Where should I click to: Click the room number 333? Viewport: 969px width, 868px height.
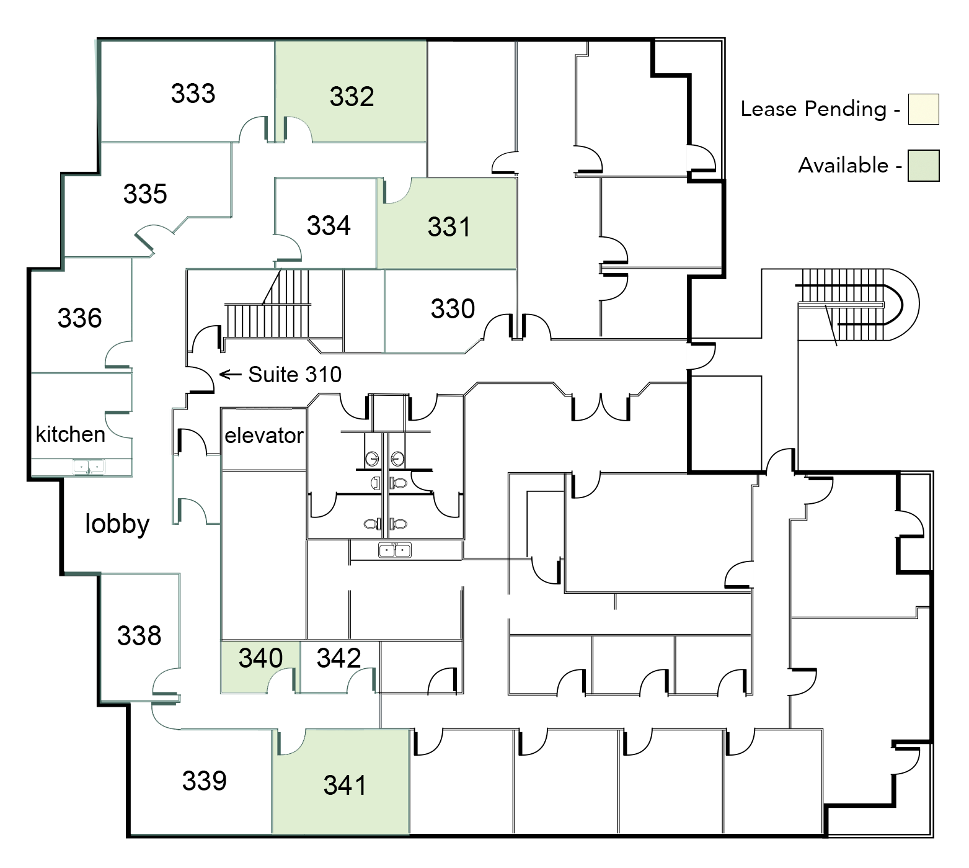(x=193, y=94)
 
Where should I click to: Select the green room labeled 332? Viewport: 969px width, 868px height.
(x=352, y=97)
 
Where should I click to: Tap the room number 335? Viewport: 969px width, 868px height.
(x=145, y=194)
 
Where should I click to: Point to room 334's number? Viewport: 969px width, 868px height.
(x=329, y=225)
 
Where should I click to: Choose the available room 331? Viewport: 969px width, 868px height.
(x=449, y=227)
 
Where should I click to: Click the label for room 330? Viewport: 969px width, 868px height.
(x=453, y=309)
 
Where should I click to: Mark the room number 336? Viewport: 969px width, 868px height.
(x=79, y=318)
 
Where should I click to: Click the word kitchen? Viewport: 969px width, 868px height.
(x=71, y=434)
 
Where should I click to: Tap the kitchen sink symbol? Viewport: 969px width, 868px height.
(x=89, y=467)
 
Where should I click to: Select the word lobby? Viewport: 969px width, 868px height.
(x=117, y=524)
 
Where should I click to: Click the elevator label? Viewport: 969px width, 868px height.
(x=264, y=436)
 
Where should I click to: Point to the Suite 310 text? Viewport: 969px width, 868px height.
(x=294, y=375)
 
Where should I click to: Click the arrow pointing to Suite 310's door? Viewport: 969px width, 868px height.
(x=230, y=374)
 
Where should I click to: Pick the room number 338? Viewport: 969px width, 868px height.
(x=139, y=636)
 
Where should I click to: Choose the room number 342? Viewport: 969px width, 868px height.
(x=338, y=658)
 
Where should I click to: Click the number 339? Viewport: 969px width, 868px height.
(x=204, y=781)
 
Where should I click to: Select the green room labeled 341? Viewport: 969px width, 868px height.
(x=345, y=785)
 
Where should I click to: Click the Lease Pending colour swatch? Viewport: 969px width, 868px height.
(x=923, y=110)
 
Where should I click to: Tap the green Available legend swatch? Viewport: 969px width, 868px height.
(x=923, y=166)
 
